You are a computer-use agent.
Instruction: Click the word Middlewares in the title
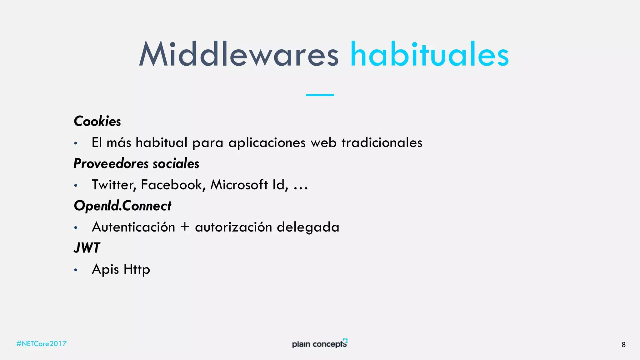pyautogui.click(x=239, y=54)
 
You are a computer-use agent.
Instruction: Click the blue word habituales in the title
pyautogui.click(x=429, y=54)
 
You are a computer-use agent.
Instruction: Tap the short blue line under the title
pyautogui.click(x=320, y=95)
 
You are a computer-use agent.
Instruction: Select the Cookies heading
pyautogui.click(x=97, y=121)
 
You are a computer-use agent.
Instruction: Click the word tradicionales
pyautogui.click(x=382, y=143)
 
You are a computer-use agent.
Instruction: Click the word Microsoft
pyautogui.click(x=239, y=185)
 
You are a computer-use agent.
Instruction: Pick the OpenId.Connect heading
pyautogui.click(x=122, y=206)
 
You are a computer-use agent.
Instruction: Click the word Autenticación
pyautogui.click(x=133, y=227)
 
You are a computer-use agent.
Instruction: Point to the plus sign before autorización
pyautogui.click(x=185, y=227)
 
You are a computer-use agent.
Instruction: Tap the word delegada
pyautogui.click(x=308, y=227)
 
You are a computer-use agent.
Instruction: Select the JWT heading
pyautogui.click(x=87, y=248)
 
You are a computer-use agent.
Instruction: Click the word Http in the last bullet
pyautogui.click(x=137, y=269)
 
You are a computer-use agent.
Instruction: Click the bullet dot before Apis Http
pyautogui.click(x=76, y=270)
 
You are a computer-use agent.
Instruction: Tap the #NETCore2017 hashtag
pyautogui.click(x=41, y=344)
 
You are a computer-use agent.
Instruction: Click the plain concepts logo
pyautogui.click(x=319, y=344)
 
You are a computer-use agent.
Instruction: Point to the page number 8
pyautogui.click(x=623, y=345)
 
